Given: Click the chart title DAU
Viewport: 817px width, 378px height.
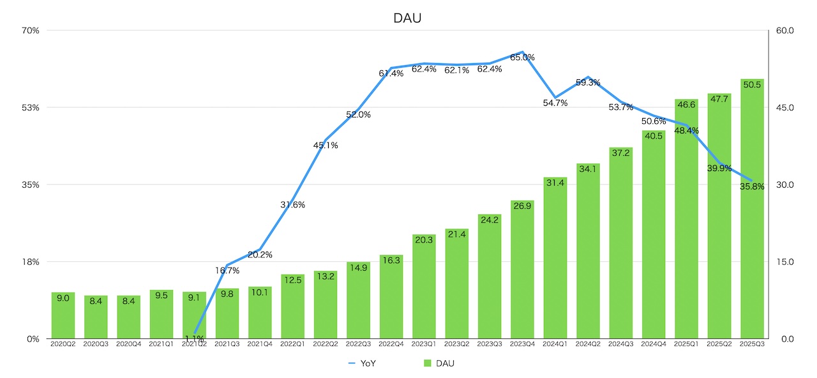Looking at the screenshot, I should click(x=407, y=19).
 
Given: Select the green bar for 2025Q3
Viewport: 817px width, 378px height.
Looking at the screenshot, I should click(x=752, y=211).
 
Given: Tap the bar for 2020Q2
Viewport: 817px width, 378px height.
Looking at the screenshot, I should click(x=63, y=316).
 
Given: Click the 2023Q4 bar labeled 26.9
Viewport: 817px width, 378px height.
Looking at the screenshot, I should click(x=522, y=271).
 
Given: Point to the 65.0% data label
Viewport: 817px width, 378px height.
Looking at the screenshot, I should click(x=522, y=57).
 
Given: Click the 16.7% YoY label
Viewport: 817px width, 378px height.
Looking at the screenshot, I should click(x=227, y=271).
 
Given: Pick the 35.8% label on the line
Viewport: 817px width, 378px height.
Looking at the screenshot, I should click(x=752, y=187).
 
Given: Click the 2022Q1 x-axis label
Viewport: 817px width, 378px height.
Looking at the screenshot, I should click(x=293, y=344).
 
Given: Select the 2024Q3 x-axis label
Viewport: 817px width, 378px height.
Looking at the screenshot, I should click(x=620, y=344).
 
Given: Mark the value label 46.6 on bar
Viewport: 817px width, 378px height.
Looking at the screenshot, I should click(x=686, y=105).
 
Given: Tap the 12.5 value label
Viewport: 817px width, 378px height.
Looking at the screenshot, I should click(x=293, y=280).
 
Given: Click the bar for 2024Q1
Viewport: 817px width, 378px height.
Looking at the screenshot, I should click(x=555, y=259).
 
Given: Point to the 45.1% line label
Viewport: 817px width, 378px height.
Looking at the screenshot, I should click(x=326, y=146).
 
